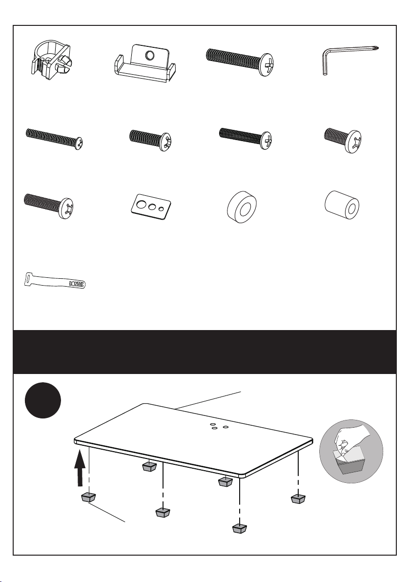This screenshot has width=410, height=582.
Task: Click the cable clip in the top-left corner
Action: coord(50,61)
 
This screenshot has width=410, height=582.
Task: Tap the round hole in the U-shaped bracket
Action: coord(149,56)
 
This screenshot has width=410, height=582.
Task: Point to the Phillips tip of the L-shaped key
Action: coord(377,47)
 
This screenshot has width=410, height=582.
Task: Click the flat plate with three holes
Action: coord(151,207)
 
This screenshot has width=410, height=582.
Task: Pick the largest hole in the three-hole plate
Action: coord(141,204)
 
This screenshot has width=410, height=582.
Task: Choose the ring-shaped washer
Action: coord(242,207)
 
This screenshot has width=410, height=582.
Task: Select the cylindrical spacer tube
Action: coord(342,205)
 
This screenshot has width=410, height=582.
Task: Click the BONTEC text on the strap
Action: coord(77,284)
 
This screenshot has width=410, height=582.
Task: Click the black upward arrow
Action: coord(80,468)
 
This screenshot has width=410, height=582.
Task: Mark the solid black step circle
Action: coord(42,400)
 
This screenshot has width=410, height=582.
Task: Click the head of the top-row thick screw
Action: coord(266,64)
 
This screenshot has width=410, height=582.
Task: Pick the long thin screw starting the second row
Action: coord(54,139)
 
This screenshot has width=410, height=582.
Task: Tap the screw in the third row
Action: coord(49,206)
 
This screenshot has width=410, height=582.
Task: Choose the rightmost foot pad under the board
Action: coord(298,499)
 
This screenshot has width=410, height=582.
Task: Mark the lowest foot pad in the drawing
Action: coord(240,528)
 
